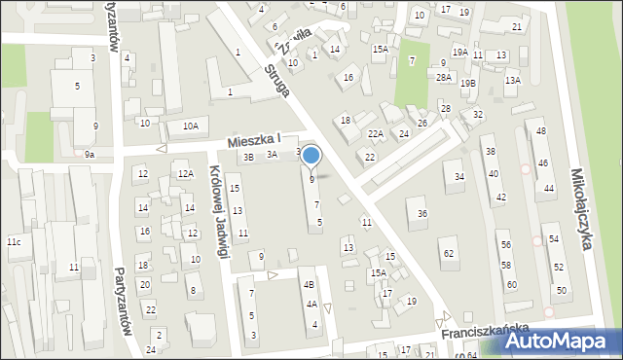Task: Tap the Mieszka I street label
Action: (255, 141)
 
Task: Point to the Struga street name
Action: (276, 80)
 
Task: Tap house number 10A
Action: (191, 126)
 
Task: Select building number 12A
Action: (185, 174)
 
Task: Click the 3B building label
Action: (248, 157)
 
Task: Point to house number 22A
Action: (375, 134)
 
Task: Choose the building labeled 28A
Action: (444, 77)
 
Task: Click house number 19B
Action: (469, 84)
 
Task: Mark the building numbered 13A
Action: (512, 81)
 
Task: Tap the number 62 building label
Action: (448, 254)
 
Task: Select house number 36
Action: (422, 213)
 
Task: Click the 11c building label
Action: (14, 241)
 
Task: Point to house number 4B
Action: (309, 285)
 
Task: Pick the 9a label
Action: (89, 155)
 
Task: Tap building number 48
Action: (541, 131)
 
